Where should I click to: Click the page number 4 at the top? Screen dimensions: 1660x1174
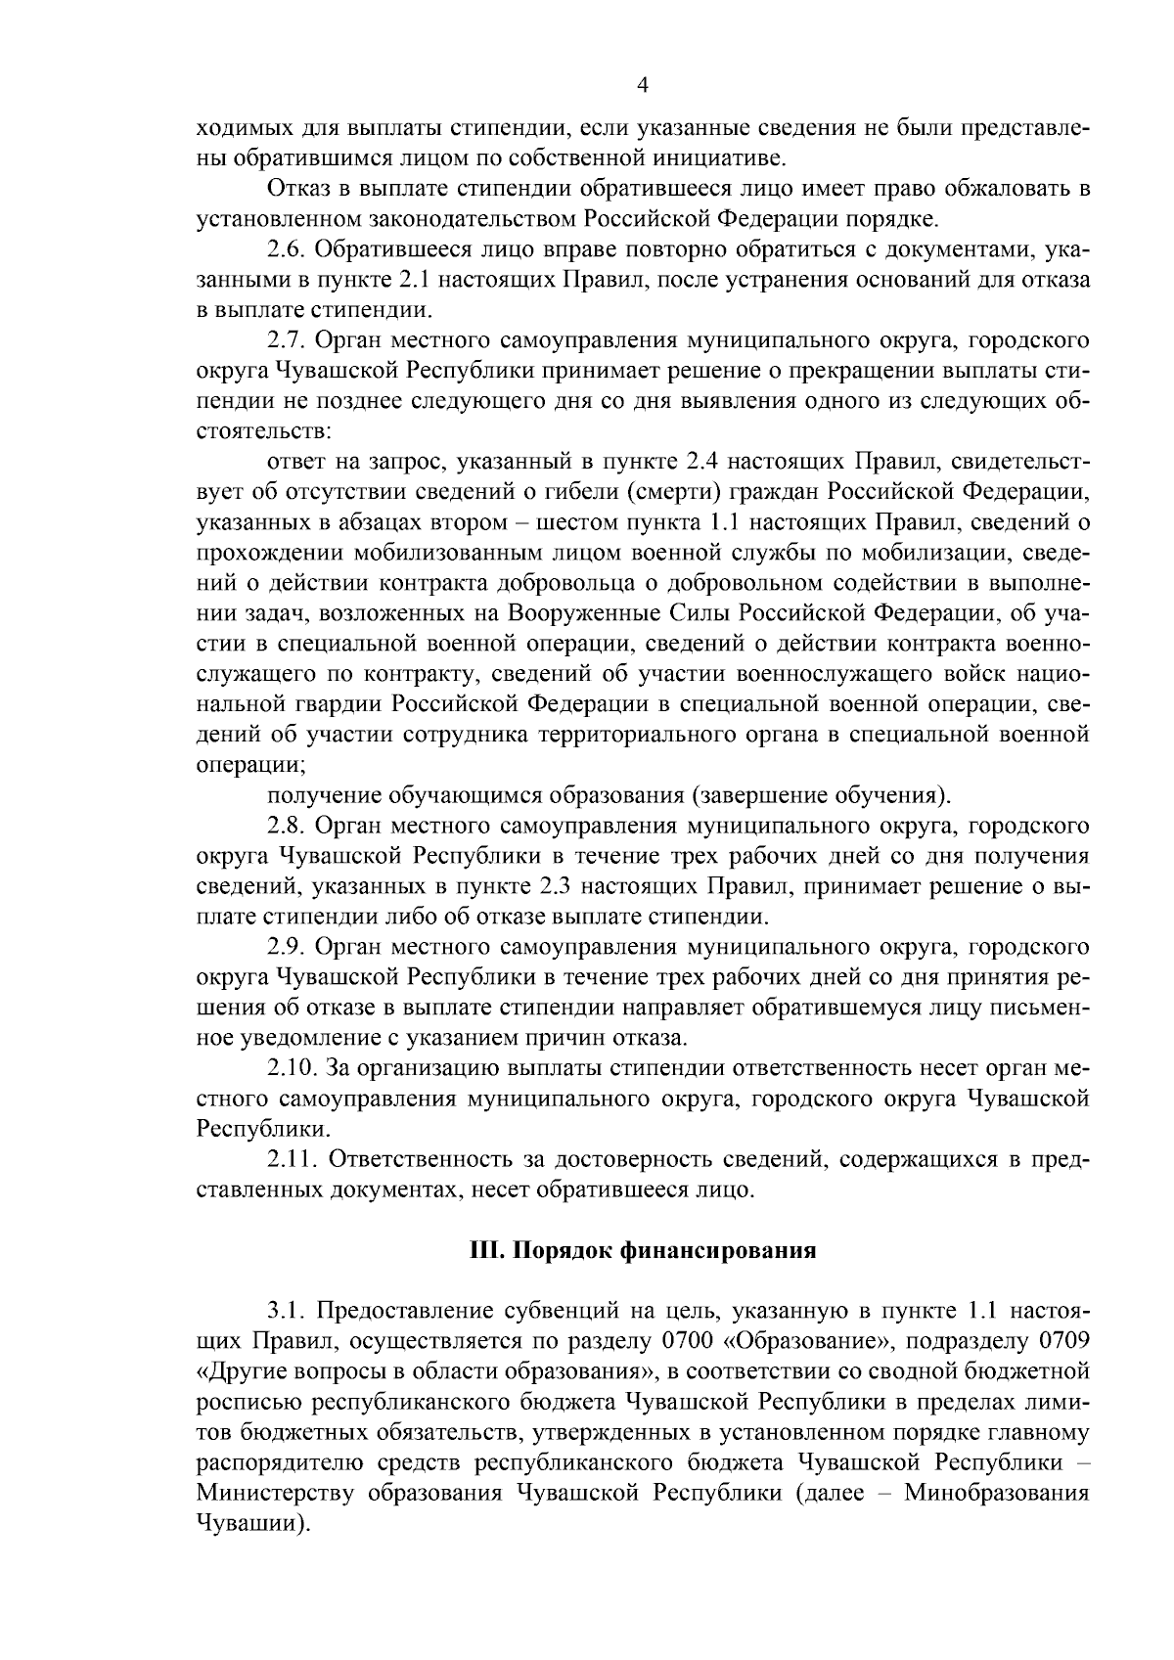tap(642, 85)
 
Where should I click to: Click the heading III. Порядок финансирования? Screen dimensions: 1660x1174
tap(641, 1251)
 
